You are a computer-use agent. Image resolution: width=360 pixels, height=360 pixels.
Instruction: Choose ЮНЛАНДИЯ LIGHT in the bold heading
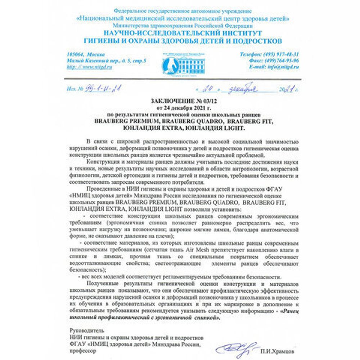222,128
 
